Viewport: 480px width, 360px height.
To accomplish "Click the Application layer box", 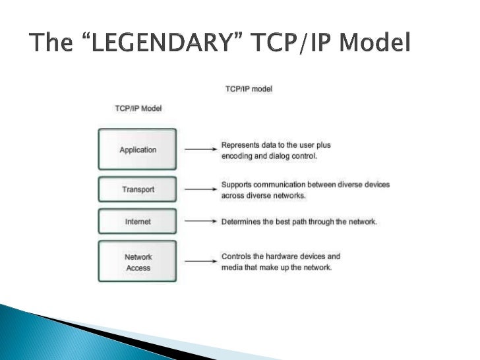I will point(138,150).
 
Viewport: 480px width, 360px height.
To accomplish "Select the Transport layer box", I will point(138,189).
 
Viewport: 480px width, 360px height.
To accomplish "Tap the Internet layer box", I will point(138,222).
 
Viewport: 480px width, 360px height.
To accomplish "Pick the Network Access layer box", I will point(138,262).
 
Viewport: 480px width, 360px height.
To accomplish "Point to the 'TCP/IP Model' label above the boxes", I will point(138,108).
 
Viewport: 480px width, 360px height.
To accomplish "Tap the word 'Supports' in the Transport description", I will point(236,185).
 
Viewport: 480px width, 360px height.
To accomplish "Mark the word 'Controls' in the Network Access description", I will point(235,256).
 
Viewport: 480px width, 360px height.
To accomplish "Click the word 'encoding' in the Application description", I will point(237,157).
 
